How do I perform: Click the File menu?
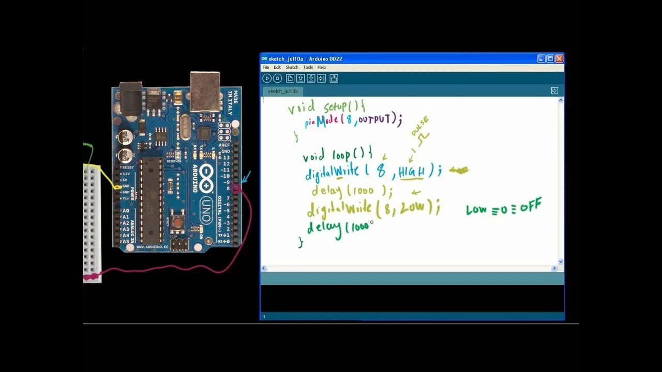tap(265, 67)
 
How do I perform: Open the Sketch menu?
tap(292, 67)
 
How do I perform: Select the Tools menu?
tap(308, 67)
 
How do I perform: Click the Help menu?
tap(322, 67)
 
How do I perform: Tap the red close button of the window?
tap(559, 59)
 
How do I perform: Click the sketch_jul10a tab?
tap(282, 91)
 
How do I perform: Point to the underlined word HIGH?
tap(412, 172)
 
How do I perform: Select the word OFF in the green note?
tap(531, 207)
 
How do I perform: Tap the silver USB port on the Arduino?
tap(205, 91)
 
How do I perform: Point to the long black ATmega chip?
tap(152, 199)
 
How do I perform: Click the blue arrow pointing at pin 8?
tap(246, 178)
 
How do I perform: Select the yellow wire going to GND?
tap(110, 176)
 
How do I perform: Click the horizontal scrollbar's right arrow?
tap(554, 269)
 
